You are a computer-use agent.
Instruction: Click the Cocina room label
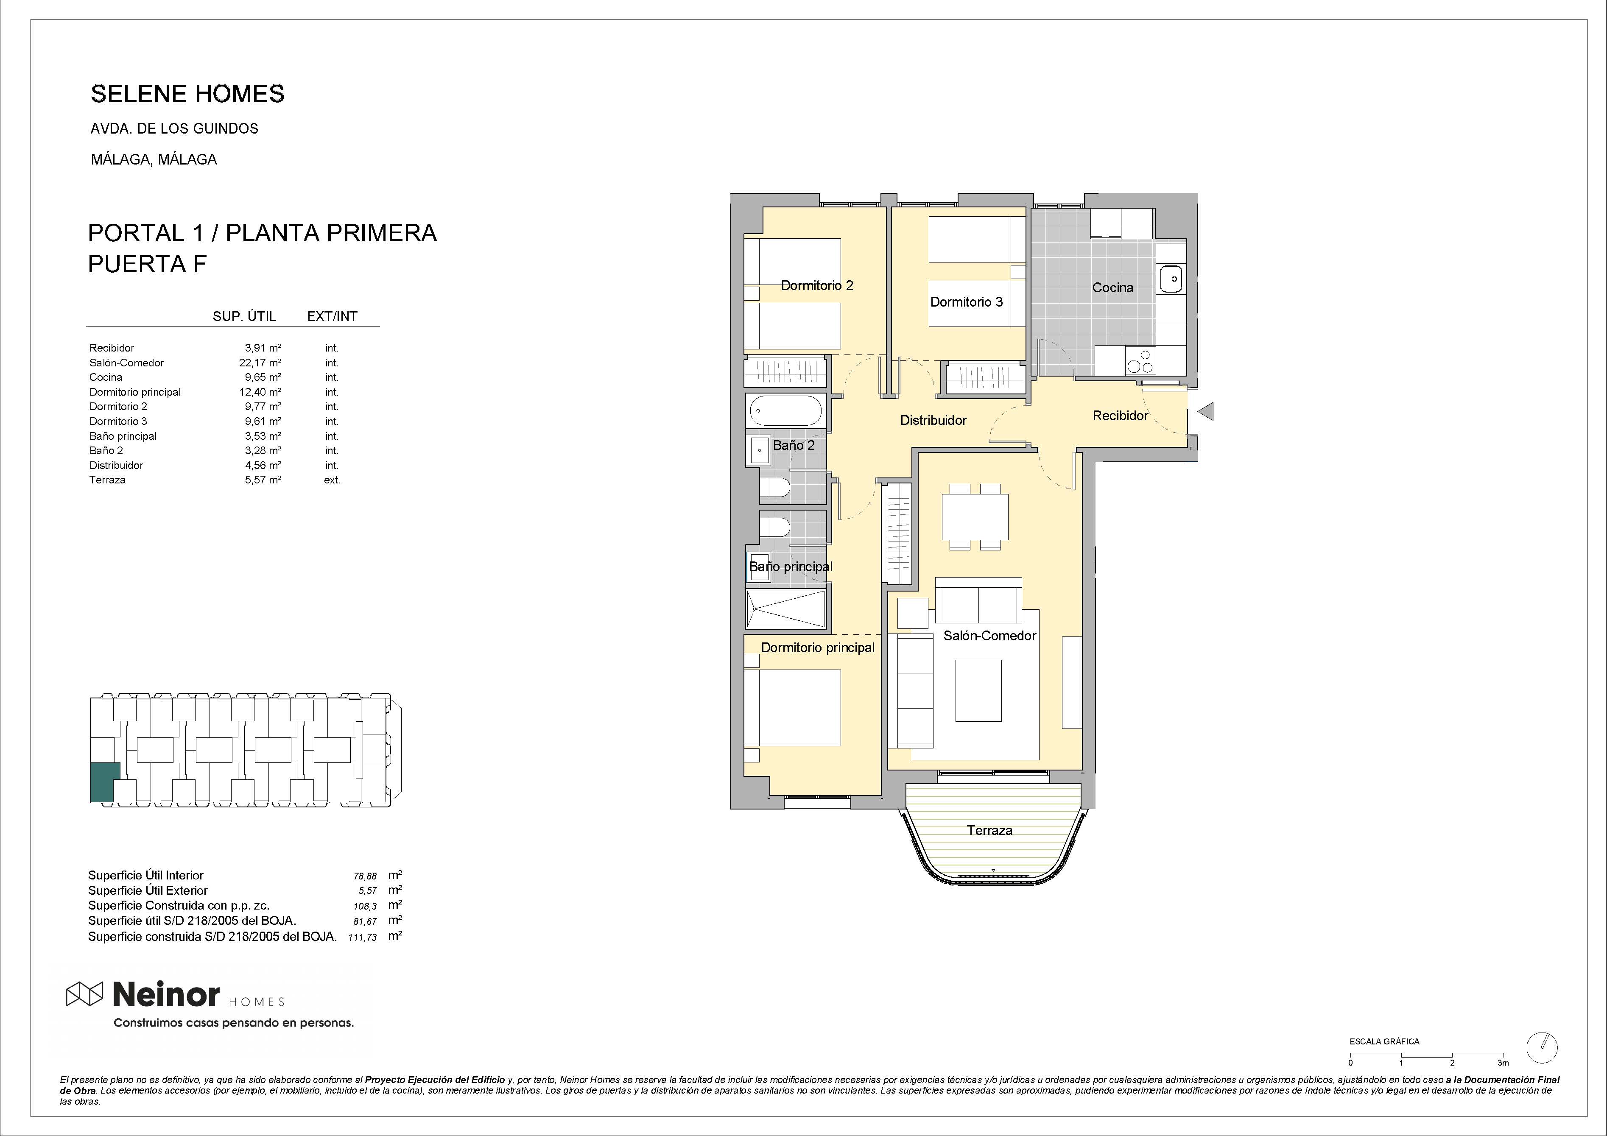click(1112, 287)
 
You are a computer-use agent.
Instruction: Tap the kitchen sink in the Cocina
click(1171, 279)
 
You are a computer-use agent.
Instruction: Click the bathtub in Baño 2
click(785, 410)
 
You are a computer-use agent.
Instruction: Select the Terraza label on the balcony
click(989, 831)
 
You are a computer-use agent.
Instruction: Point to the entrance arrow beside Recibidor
click(1205, 412)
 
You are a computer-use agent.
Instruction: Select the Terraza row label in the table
click(107, 480)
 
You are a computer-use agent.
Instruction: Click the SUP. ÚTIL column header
click(244, 316)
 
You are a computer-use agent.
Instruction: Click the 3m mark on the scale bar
click(1503, 1063)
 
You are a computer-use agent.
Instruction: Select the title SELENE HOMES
click(187, 94)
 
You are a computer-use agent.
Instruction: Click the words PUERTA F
click(147, 264)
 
